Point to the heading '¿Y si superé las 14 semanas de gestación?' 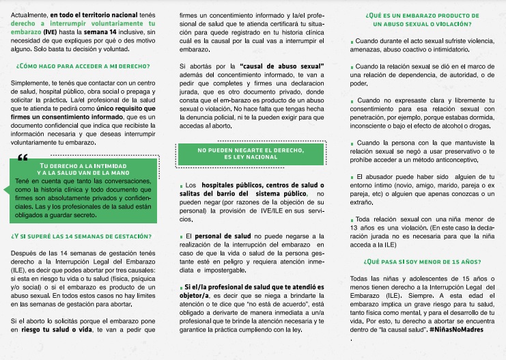pyautogui.click(x=81, y=237)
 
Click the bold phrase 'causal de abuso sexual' pyautogui.click(x=284, y=64)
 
